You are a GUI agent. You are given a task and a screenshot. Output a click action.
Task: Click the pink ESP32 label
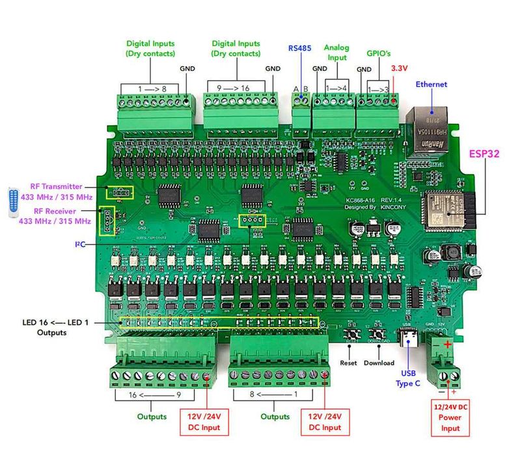click(484, 155)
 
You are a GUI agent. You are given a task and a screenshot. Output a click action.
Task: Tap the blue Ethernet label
click(432, 84)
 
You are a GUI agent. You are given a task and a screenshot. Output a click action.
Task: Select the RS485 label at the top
click(301, 48)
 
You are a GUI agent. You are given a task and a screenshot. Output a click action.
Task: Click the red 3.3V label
click(399, 68)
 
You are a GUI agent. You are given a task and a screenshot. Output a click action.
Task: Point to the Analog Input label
click(337, 52)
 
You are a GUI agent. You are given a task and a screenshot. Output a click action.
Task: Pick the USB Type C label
click(408, 378)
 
